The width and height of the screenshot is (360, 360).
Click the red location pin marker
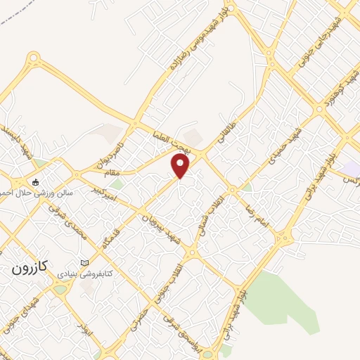click(181, 166)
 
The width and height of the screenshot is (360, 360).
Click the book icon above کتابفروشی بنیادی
click(86, 262)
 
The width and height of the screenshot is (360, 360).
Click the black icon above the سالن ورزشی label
click(35, 183)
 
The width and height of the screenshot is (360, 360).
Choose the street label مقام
click(112, 172)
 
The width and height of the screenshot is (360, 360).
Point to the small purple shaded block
click(349, 169)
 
